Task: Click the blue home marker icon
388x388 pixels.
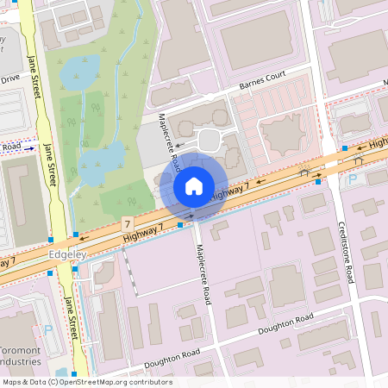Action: tap(194, 186)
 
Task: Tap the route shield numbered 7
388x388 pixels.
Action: tap(128, 223)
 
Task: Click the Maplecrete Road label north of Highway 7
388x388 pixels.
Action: tap(168, 141)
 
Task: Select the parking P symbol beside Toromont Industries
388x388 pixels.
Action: tap(47, 329)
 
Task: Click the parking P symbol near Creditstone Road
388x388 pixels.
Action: tap(351, 179)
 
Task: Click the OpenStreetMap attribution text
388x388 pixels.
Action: tap(86, 382)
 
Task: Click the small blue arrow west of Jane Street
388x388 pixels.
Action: tap(28, 148)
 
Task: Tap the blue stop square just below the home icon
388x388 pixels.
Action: tap(179, 224)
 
